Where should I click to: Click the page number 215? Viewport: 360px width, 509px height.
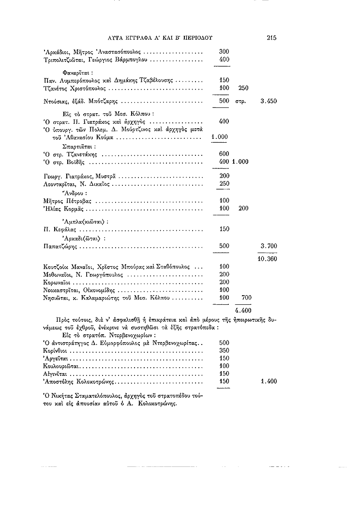pos(271,37)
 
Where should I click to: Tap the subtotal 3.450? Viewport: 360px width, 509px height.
pos(269,102)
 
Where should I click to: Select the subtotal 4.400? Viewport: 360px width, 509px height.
pos(242,310)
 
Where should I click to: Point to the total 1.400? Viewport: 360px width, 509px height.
pos(269,381)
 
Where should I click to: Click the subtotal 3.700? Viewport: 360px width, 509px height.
pos(269,246)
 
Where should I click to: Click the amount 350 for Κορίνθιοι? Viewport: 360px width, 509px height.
pos(224,350)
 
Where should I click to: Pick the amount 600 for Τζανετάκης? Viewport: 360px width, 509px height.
pos(224,154)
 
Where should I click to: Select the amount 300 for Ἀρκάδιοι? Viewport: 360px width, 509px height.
pos(224,51)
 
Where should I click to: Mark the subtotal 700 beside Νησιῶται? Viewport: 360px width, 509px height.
pos(246,297)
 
